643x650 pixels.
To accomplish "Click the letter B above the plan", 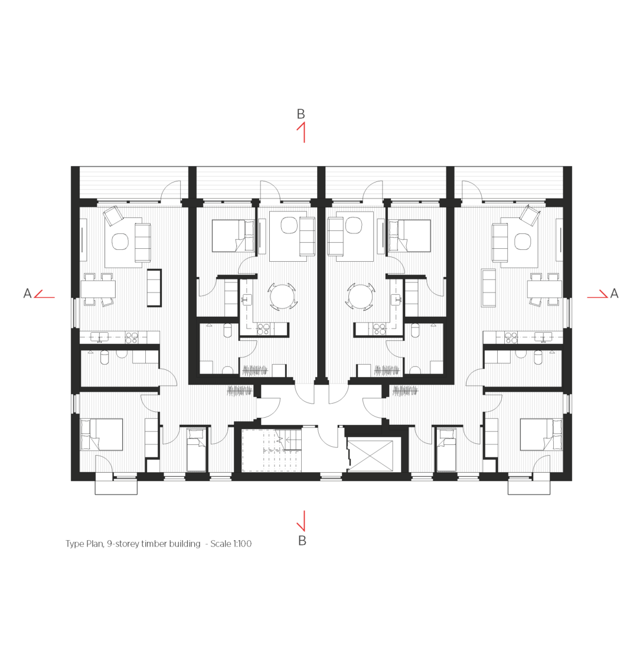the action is coord(301,113).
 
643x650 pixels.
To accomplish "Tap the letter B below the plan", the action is coord(302,541).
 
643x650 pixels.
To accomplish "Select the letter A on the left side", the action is coord(27,294).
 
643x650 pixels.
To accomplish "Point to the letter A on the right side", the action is coord(615,294).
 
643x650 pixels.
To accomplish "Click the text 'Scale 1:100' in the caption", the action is coord(231,544).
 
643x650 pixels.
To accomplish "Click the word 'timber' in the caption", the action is coord(155,544).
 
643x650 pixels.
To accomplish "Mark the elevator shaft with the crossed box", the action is coord(370,456).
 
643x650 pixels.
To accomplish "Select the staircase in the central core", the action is coord(272,451).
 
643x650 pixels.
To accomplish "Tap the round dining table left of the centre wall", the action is coord(282,297).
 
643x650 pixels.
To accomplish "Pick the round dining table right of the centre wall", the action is coord(361,297).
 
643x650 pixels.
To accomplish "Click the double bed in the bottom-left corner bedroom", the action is coord(102,434).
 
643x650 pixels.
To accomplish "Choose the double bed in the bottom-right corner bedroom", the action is coord(541,434).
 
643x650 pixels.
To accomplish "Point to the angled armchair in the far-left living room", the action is coord(113,216).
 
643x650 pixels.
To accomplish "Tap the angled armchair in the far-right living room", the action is coord(530,216).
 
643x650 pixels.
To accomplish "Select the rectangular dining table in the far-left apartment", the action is coord(98,289).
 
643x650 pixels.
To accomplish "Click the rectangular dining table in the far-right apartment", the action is coord(545,289).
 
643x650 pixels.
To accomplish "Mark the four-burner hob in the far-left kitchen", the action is coord(132,338).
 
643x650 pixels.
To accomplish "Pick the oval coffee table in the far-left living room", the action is coord(120,242).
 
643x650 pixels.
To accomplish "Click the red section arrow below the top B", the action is coord(302,132).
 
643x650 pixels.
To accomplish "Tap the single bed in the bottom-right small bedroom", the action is coord(446,450).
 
